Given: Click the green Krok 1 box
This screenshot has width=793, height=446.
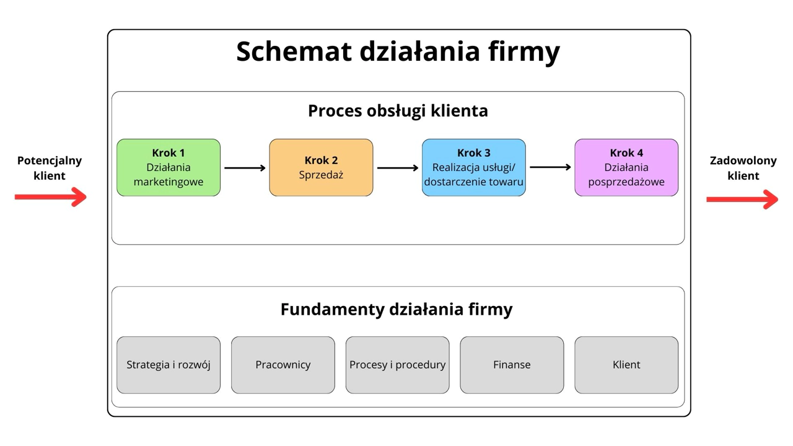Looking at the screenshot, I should click(x=169, y=168).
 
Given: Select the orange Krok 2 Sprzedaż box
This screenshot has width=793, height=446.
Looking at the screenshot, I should click(x=321, y=168).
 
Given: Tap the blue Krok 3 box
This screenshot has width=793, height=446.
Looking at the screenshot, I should click(x=474, y=168).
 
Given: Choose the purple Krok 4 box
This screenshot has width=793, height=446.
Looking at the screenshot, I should click(x=626, y=168).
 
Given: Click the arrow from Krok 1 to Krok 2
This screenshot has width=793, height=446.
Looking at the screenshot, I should click(x=245, y=168).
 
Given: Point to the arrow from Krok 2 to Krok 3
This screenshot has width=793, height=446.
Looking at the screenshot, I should click(x=398, y=168).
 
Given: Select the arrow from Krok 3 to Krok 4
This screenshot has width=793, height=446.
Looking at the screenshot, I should click(x=550, y=167).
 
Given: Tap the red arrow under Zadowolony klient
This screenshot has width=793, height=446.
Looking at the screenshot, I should click(x=742, y=199).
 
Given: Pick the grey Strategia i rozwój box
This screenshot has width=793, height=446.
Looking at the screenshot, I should click(x=169, y=365).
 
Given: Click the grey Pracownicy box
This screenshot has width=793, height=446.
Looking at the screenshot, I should click(x=283, y=365).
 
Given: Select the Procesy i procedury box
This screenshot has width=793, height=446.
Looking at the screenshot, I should click(x=398, y=365).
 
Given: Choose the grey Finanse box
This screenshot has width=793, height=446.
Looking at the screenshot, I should click(x=512, y=365).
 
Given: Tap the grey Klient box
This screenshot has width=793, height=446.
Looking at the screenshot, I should click(x=626, y=365).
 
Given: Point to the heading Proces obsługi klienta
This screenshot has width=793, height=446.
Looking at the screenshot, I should click(x=398, y=111).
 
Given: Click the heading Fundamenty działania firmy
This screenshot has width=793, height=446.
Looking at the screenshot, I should click(x=396, y=309).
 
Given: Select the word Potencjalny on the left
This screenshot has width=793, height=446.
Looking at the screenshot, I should click(x=50, y=160).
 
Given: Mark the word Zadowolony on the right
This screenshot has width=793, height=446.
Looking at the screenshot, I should click(x=743, y=160).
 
